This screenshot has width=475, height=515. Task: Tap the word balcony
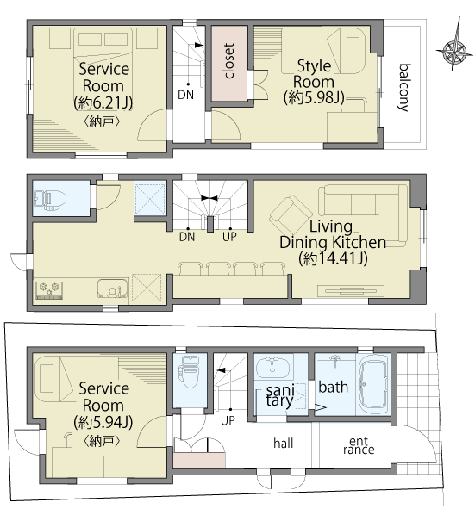404,88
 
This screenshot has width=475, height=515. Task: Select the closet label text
229,61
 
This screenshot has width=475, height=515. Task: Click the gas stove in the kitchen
49,290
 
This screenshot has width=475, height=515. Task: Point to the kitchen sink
113,289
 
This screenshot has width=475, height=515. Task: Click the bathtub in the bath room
373,383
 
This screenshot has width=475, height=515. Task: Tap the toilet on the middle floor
50,199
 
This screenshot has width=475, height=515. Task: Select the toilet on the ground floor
189,372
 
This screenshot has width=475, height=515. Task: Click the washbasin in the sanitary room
272,367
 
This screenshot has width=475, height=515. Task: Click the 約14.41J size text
333,259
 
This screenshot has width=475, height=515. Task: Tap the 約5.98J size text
314,97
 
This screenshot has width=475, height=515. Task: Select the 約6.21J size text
103,102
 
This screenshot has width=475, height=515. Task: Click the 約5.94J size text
103,422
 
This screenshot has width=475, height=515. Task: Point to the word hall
283,443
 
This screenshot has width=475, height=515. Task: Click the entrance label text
359,446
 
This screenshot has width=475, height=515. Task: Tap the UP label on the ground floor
228,420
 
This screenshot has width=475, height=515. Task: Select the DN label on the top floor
185,95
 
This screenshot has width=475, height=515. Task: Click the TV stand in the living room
350,291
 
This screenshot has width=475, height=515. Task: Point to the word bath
334,388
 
